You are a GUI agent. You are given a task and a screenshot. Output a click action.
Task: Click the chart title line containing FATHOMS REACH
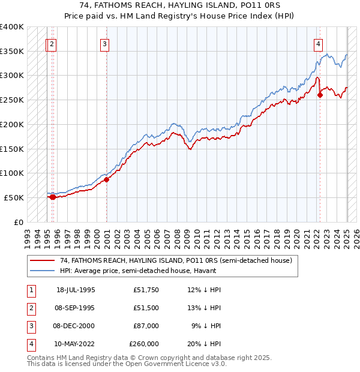(x=179, y=6)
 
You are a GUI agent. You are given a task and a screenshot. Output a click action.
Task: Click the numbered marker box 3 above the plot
(x=104, y=43)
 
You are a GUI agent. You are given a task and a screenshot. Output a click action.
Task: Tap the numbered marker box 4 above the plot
(x=317, y=43)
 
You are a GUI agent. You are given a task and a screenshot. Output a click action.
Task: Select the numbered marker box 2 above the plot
(x=52, y=43)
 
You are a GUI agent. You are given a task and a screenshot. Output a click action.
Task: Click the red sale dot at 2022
(x=320, y=95)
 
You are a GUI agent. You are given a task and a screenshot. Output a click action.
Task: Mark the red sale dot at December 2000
(x=107, y=179)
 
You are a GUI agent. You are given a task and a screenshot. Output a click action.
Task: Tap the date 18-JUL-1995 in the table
(x=76, y=290)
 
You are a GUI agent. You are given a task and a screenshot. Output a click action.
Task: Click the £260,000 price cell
(x=144, y=344)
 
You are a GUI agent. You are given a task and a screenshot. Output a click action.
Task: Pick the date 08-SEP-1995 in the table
(x=76, y=308)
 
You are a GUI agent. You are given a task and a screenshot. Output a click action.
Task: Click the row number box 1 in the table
(x=30, y=290)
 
